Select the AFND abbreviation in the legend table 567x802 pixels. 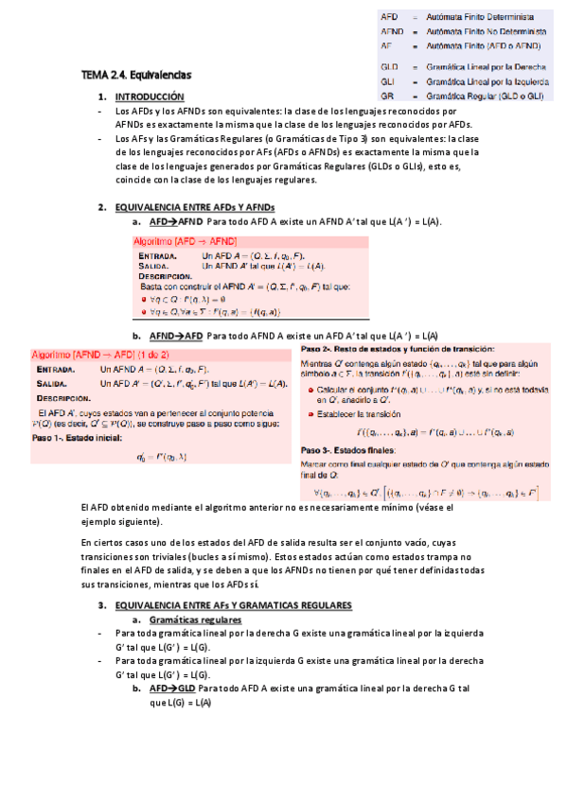tap(391, 31)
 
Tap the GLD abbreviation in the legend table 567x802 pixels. tap(388, 68)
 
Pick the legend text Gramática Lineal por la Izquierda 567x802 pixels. tap(488, 82)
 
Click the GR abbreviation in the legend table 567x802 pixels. tap(386, 96)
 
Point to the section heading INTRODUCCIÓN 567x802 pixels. tap(149, 97)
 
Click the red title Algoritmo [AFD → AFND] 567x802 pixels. tap(185, 242)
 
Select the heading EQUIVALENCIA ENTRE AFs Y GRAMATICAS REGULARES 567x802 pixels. tap(233, 604)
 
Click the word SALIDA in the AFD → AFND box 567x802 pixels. tap(153, 267)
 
